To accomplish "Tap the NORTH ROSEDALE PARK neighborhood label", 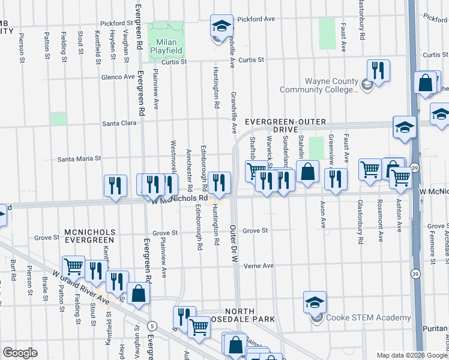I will (243, 323).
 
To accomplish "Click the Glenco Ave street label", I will (118, 77).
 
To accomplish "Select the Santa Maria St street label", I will (79, 159).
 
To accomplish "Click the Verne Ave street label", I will (258, 266).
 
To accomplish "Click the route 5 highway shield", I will (154, 326).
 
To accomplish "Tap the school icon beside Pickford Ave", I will (221, 27).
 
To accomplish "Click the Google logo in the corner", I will (20, 353).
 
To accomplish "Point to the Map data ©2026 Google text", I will (412, 355).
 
